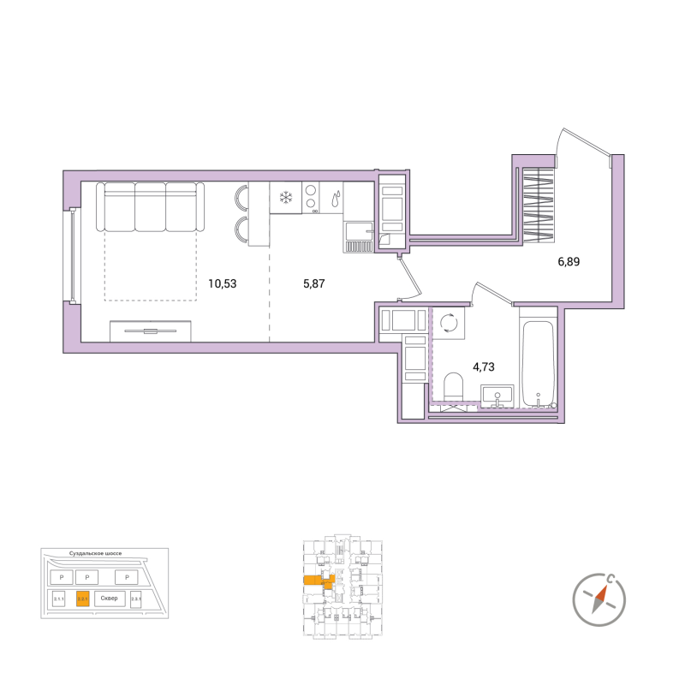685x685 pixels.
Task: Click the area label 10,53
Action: (223, 283)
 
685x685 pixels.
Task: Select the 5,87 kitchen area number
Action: (314, 283)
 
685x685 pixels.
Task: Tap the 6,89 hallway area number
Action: (569, 262)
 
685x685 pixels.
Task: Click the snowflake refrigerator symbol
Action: (284, 198)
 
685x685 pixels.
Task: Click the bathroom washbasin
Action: (496, 396)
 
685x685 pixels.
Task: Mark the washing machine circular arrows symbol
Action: (449, 323)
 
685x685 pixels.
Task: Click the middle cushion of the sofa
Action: (150, 206)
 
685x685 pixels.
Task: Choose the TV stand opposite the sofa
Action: (151, 331)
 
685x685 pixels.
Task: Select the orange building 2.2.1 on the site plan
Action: (83, 599)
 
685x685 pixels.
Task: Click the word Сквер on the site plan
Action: (109, 599)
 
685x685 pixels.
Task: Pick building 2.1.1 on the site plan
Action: (59, 599)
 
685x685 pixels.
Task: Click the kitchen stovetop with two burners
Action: (309, 198)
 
